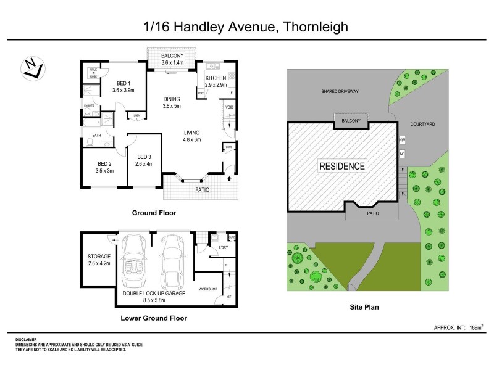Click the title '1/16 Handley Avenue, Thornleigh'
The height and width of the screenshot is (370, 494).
(x=246, y=27)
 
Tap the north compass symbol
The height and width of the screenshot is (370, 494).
(x=31, y=68)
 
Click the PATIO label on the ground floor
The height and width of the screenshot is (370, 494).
(x=203, y=189)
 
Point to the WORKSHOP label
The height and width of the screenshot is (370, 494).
(x=208, y=289)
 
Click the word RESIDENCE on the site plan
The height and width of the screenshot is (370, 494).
(x=342, y=166)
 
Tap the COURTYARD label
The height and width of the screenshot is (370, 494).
(x=423, y=124)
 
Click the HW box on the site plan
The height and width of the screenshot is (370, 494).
(x=402, y=140)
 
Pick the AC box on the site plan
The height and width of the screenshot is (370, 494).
(x=402, y=153)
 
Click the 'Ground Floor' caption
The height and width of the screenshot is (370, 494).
(x=154, y=213)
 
